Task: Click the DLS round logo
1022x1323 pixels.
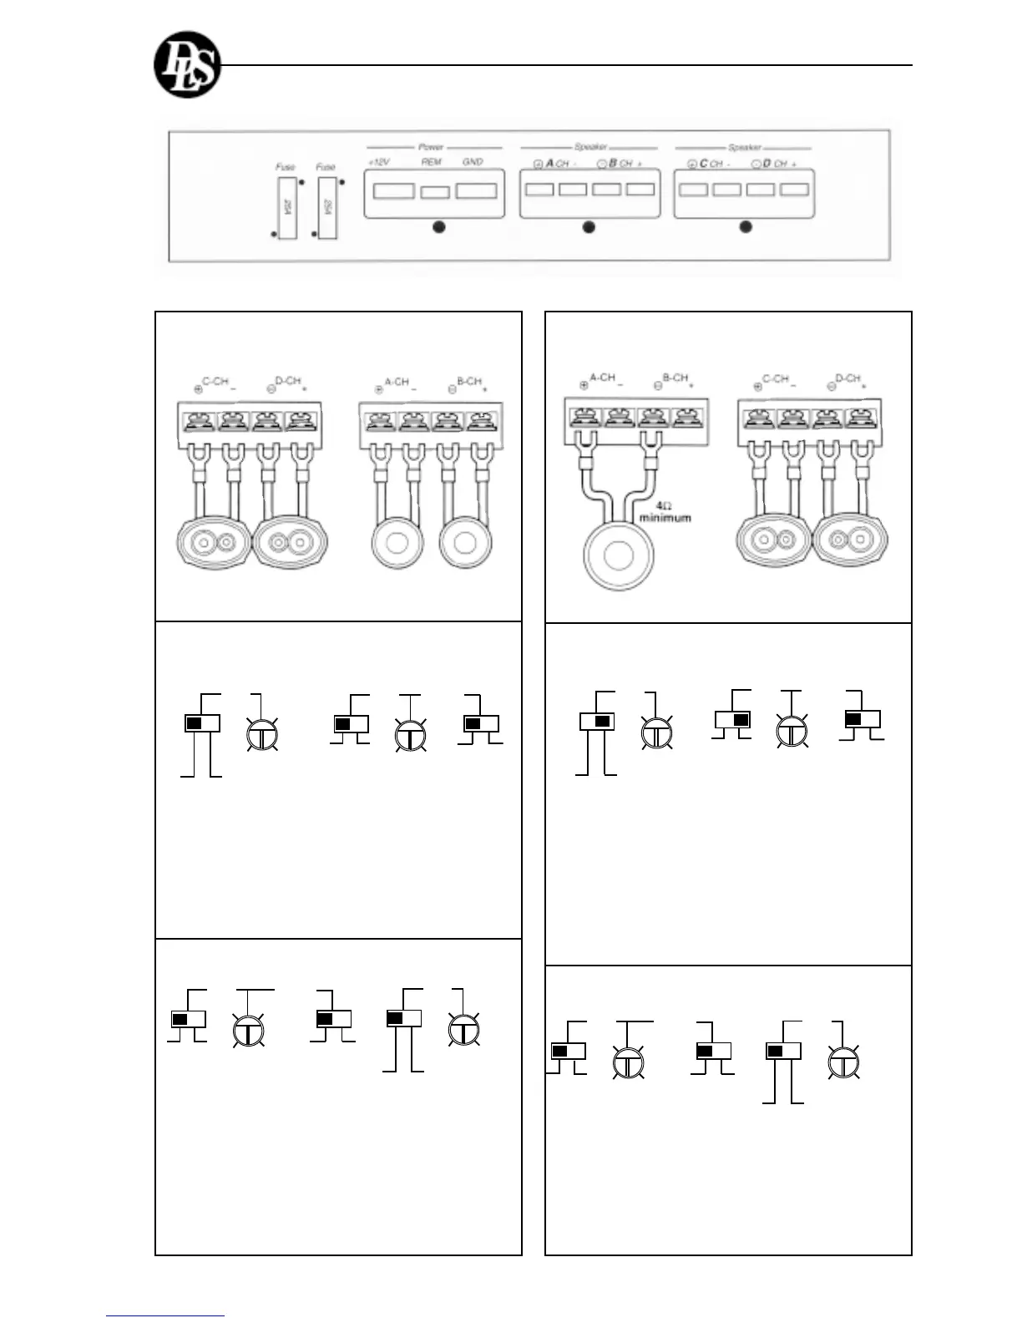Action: pyautogui.click(x=188, y=64)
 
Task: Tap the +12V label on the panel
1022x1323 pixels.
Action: pyautogui.click(x=379, y=162)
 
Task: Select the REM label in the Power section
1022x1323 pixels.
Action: pyautogui.click(x=431, y=162)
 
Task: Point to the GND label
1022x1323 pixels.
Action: pyautogui.click(x=473, y=162)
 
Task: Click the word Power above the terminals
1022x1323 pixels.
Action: pyautogui.click(x=431, y=147)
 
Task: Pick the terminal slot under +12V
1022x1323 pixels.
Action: pyautogui.click(x=393, y=190)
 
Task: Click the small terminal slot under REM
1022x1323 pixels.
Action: pyautogui.click(x=434, y=192)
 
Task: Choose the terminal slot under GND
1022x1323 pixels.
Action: pyautogui.click(x=477, y=190)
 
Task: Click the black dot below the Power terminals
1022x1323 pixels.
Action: pyautogui.click(x=438, y=227)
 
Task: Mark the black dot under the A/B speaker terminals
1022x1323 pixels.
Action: pyautogui.click(x=589, y=227)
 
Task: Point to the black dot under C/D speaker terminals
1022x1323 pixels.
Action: pyautogui.click(x=746, y=226)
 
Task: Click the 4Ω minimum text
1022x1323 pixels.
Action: pyautogui.click(x=665, y=512)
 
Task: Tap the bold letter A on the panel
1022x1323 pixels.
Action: pyautogui.click(x=550, y=164)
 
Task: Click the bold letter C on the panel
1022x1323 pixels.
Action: pyautogui.click(x=704, y=164)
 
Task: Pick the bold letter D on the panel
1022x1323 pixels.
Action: pyautogui.click(x=766, y=164)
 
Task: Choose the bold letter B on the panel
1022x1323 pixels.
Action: pyautogui.click(x=613, y=164)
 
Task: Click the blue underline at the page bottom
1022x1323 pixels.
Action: pyautogui.click(x=165, y=1315)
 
